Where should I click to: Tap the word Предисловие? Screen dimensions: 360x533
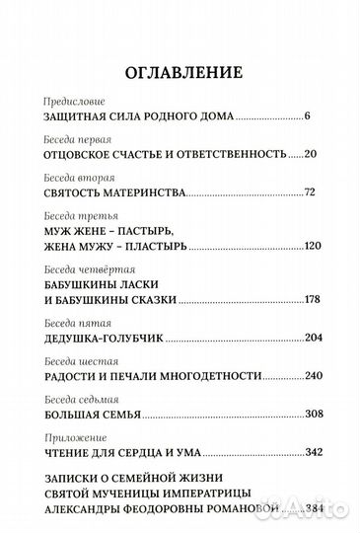(74, 102)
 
